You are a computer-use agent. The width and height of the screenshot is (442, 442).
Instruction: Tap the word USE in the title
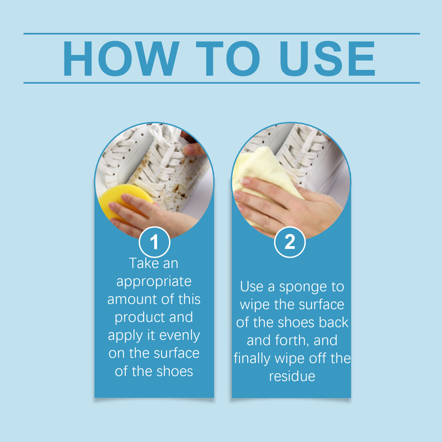[x=327, y=59]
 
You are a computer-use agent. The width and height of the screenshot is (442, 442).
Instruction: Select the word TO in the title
[x=228, y=59]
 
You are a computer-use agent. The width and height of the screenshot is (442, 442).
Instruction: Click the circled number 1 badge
[x=154, y=242]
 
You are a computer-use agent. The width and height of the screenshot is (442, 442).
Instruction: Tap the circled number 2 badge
[x=289, y=242]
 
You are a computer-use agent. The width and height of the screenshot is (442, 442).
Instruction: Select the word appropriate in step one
[x=154, y=281]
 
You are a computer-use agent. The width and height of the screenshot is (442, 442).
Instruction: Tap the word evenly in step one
[x=180, y=335]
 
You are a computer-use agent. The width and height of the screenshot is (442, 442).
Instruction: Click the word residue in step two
[x=292, y=376]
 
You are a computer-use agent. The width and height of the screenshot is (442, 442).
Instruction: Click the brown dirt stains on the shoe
[x=171, y=189]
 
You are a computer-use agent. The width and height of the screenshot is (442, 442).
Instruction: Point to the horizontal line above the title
[x=221, y=33]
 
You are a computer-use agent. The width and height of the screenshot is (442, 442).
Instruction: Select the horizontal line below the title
[x=221, y=83]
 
